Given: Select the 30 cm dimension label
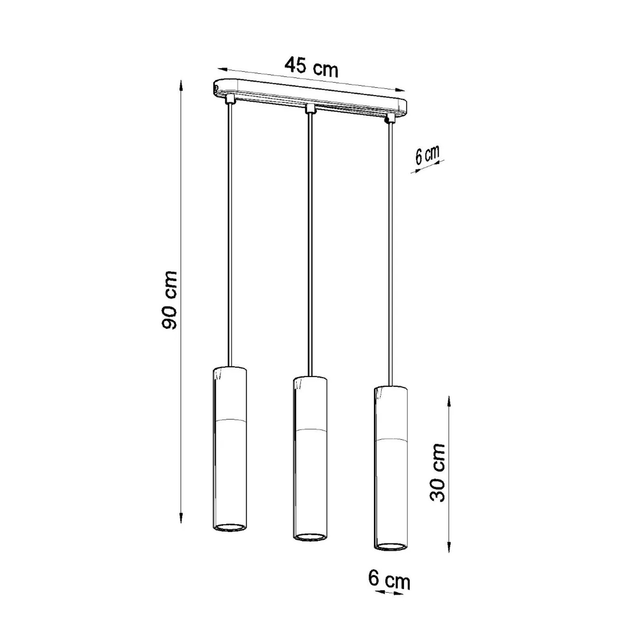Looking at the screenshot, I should [437, 472].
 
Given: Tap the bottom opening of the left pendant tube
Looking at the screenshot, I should [230, 527].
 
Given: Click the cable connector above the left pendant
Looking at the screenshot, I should [230, 100].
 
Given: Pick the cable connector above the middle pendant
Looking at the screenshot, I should [310, 109].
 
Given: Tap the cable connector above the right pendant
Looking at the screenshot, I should [389, 119].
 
